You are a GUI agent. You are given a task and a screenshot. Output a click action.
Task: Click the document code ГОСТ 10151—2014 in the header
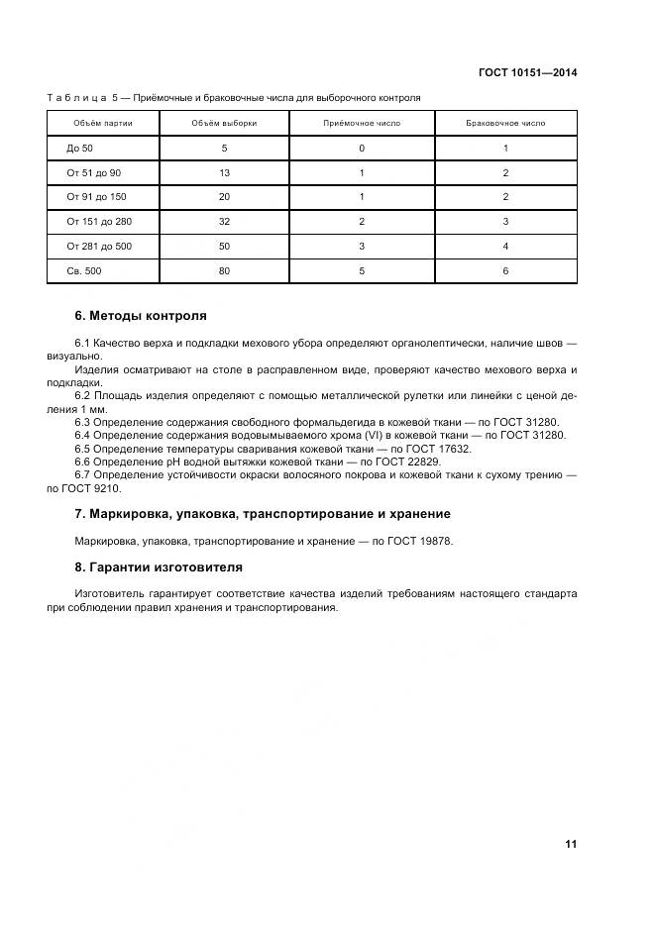click(x=528, y=72)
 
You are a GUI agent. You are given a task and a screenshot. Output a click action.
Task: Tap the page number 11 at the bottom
click(x=570, y=844)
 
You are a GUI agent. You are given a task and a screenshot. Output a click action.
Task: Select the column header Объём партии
click(x=102, y=124)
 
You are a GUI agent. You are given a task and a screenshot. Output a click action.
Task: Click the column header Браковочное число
click(x=505, y=124)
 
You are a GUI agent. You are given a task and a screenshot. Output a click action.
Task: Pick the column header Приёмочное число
click(x=362, y=124)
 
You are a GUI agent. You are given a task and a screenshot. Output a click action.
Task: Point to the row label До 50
click(x=79, y=149)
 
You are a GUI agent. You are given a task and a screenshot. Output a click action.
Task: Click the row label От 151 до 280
click(x=99, y=222)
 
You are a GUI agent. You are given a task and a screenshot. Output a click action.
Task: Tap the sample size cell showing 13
click(x=224, y=173)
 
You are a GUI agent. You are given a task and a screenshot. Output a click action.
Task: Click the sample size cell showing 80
click(x=224, y=270)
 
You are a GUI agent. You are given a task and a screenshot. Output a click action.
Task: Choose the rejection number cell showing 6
click(x=505, y=270)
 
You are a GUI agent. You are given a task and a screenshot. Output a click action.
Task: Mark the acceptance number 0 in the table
click(x=362, y=149)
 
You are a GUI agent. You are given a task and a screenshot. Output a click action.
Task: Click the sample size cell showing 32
click(x=224, y=222)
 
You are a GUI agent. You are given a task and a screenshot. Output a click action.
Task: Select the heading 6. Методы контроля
click(x=141, y=316)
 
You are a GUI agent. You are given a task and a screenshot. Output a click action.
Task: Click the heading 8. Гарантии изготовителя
click(x=159, y=567)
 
